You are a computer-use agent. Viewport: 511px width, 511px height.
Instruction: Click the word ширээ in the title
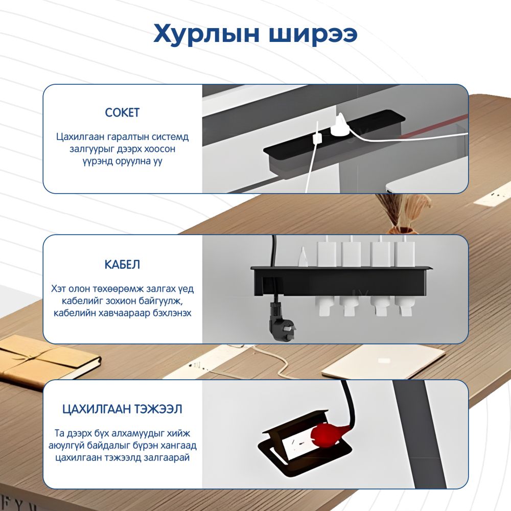313,34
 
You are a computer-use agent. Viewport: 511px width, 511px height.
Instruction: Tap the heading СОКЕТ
122,112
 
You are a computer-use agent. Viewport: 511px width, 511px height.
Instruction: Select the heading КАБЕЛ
122,264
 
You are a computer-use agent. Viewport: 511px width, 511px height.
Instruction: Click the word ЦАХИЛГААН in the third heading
95,409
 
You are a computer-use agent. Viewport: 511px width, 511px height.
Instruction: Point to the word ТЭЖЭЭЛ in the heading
156,409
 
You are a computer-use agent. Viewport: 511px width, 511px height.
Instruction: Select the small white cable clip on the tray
317,138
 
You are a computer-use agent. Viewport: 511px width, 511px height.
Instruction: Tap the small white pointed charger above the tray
303,257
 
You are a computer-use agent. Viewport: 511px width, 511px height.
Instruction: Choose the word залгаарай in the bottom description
167,457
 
